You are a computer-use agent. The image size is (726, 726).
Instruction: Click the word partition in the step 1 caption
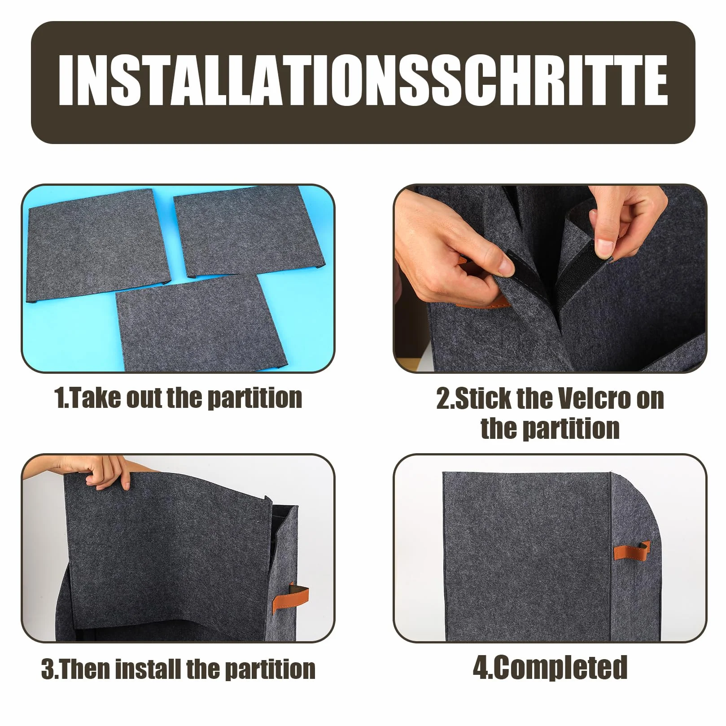tap(255, 398)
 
